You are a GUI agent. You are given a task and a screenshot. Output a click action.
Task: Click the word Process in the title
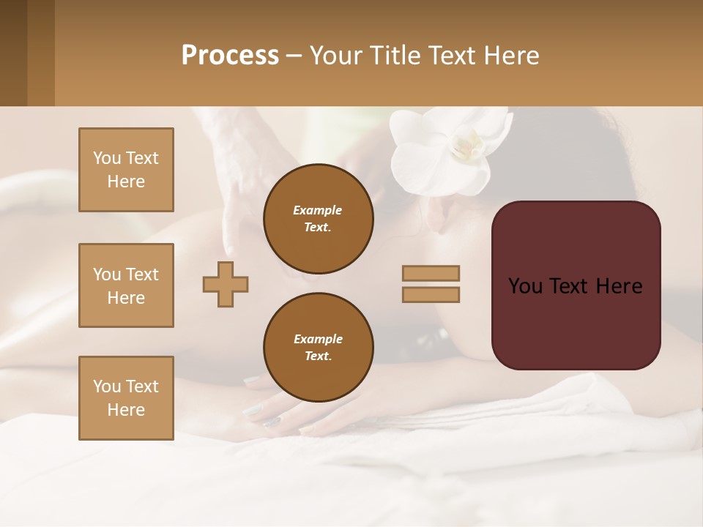[230, 56]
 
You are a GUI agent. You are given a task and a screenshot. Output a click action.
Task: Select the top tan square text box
[126, 170]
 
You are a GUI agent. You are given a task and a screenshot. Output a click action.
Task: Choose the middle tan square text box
[126, 285]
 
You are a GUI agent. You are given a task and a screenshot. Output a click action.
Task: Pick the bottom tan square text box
[126, 397]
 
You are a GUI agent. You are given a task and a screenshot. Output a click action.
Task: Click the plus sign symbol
[226, 284]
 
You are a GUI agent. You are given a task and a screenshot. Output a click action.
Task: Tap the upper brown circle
[318, 219]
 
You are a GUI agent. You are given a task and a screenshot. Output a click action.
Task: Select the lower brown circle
[318, 348]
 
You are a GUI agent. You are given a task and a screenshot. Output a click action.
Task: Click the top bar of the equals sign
[431, 273]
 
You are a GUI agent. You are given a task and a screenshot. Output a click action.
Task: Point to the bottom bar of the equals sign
[431, 294]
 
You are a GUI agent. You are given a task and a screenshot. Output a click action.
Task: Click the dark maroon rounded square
[576, 285]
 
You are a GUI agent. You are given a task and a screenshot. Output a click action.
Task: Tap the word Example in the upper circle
[318, 210]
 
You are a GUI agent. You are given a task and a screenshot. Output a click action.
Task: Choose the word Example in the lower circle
[318, 339]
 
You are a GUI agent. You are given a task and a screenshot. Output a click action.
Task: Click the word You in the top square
[105, 158]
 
